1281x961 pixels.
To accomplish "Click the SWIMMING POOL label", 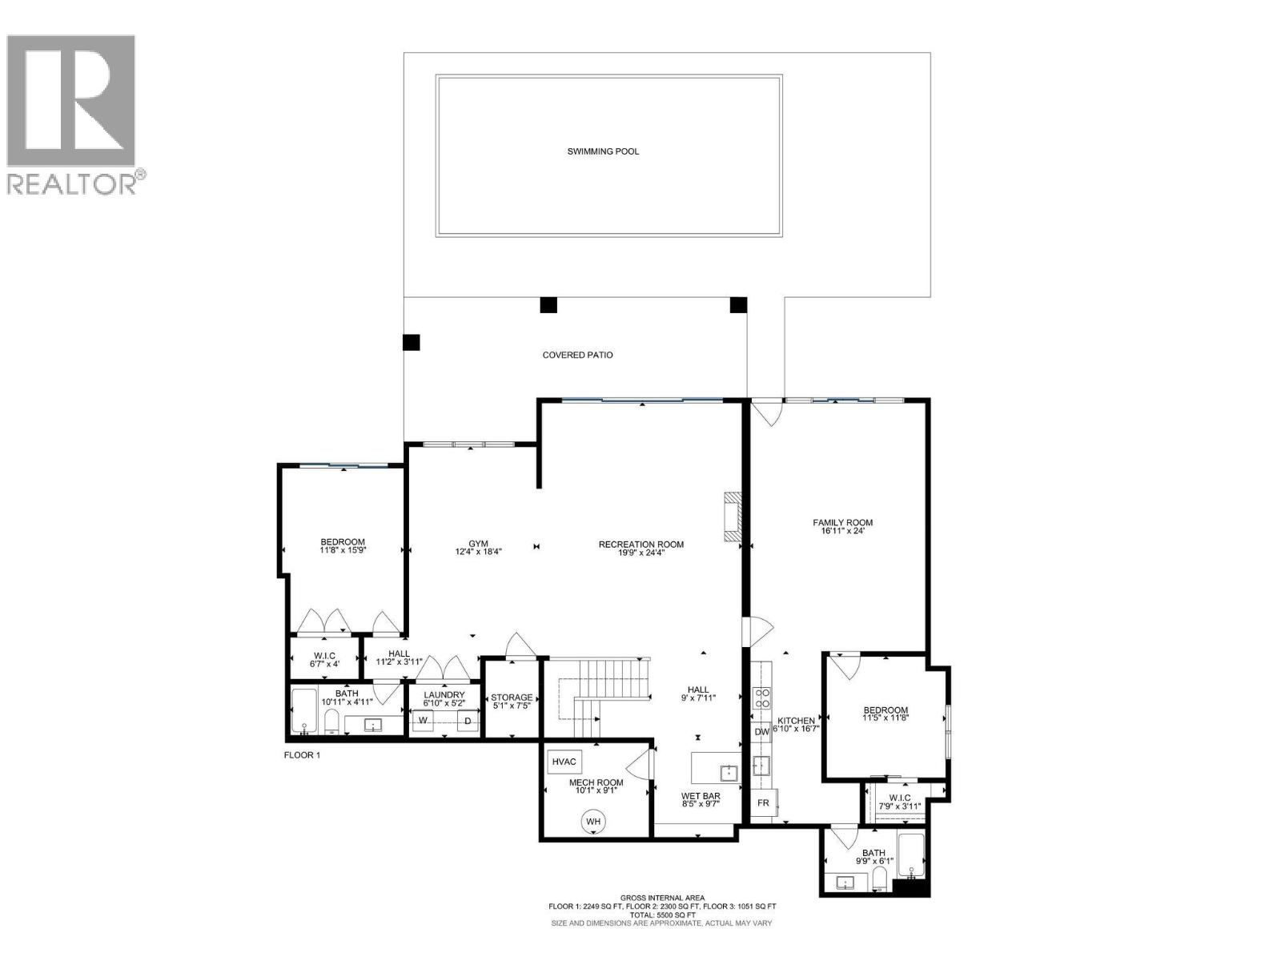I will point(603,151).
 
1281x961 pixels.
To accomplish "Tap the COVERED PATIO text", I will point(577,355).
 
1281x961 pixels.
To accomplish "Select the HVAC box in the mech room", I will point(564,762).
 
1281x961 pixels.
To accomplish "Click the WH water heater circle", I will point(593,821).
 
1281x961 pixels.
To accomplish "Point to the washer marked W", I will point(424,721).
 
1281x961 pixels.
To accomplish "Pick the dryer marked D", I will point(468,721).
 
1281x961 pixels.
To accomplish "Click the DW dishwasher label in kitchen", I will point(761,731).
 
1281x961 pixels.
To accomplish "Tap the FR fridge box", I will point(763,802).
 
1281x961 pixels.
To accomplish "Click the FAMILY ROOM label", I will point(842,522).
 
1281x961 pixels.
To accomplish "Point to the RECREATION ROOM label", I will point(640,545).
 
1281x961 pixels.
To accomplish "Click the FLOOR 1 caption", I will point(302,754).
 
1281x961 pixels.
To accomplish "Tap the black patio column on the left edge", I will point(411,343).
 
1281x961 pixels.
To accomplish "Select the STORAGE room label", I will point(512,698).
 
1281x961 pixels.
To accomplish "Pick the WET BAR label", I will point(701,796).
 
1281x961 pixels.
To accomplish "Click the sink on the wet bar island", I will point(729,773).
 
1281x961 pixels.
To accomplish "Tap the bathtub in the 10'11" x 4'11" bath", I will point(303,711).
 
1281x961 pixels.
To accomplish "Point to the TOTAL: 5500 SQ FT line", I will point(662,915).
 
